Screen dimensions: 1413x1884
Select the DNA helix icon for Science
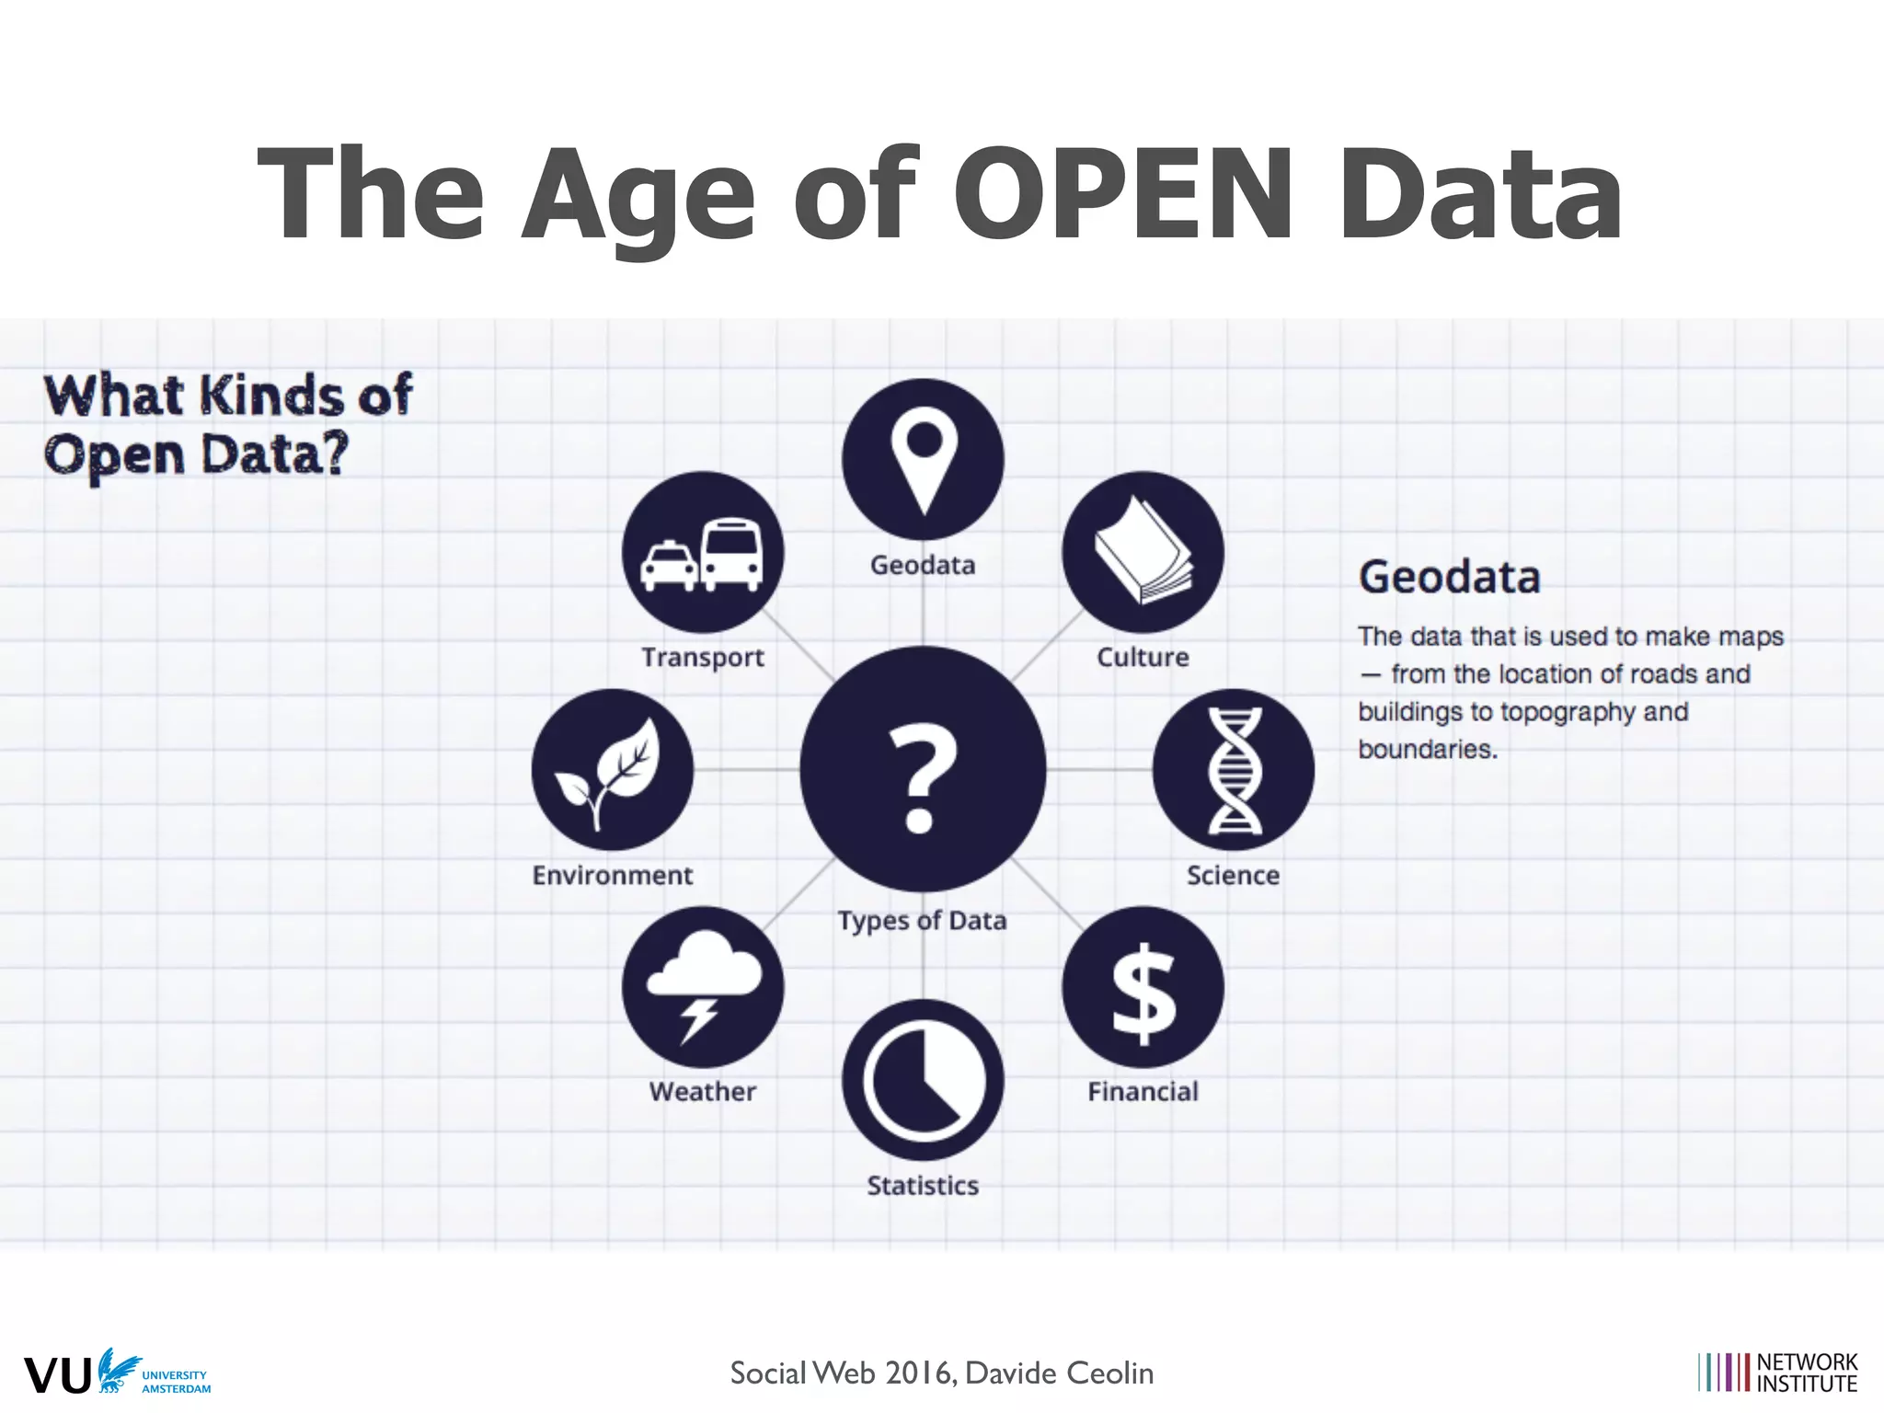tap(1234, 770)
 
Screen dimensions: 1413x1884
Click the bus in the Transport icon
tap(732, 554)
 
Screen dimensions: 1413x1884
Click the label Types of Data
tap(922, 921)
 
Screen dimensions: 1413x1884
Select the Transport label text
tap(703, 658)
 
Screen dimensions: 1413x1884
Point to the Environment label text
tap(613, 875)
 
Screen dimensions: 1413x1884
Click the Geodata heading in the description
tap(1449, 578)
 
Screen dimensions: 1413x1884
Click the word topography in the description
tap(1568, 712)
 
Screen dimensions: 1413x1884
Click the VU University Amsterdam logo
tap(117, 1373)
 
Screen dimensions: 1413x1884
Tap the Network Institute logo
tap(1777, 1373)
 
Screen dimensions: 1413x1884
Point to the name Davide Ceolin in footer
tap(1059, 1373)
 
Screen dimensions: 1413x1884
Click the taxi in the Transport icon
tap(669, 565)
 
